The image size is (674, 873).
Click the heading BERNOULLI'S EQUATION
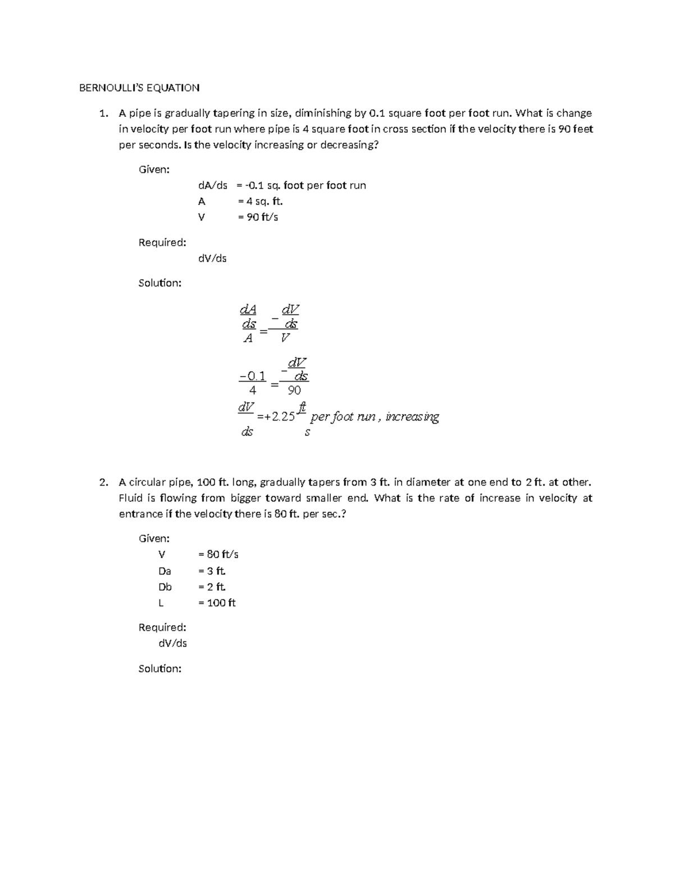tap(139, 88)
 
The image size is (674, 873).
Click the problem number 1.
tap(102, 114)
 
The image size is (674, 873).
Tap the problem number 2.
tap(102, 482)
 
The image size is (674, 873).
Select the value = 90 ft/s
tap(258, 217)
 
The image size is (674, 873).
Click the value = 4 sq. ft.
tap(256, 201)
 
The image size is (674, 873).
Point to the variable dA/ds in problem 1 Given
tap(212, 186)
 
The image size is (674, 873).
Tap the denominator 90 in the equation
tap(294, 390)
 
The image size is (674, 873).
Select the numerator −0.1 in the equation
tap(253, 376)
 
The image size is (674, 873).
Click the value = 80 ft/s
tap(218, 554)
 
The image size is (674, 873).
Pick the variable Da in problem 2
tap(165, 571)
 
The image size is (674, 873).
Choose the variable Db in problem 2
tap(165, 587)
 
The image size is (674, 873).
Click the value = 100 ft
tap(217, 603)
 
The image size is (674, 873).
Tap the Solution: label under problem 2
tap(160, 668)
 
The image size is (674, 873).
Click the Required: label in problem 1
tap(162, 242)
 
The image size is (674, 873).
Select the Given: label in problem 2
tap(154, 539)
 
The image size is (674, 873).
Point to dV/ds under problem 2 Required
tap(172, 643)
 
